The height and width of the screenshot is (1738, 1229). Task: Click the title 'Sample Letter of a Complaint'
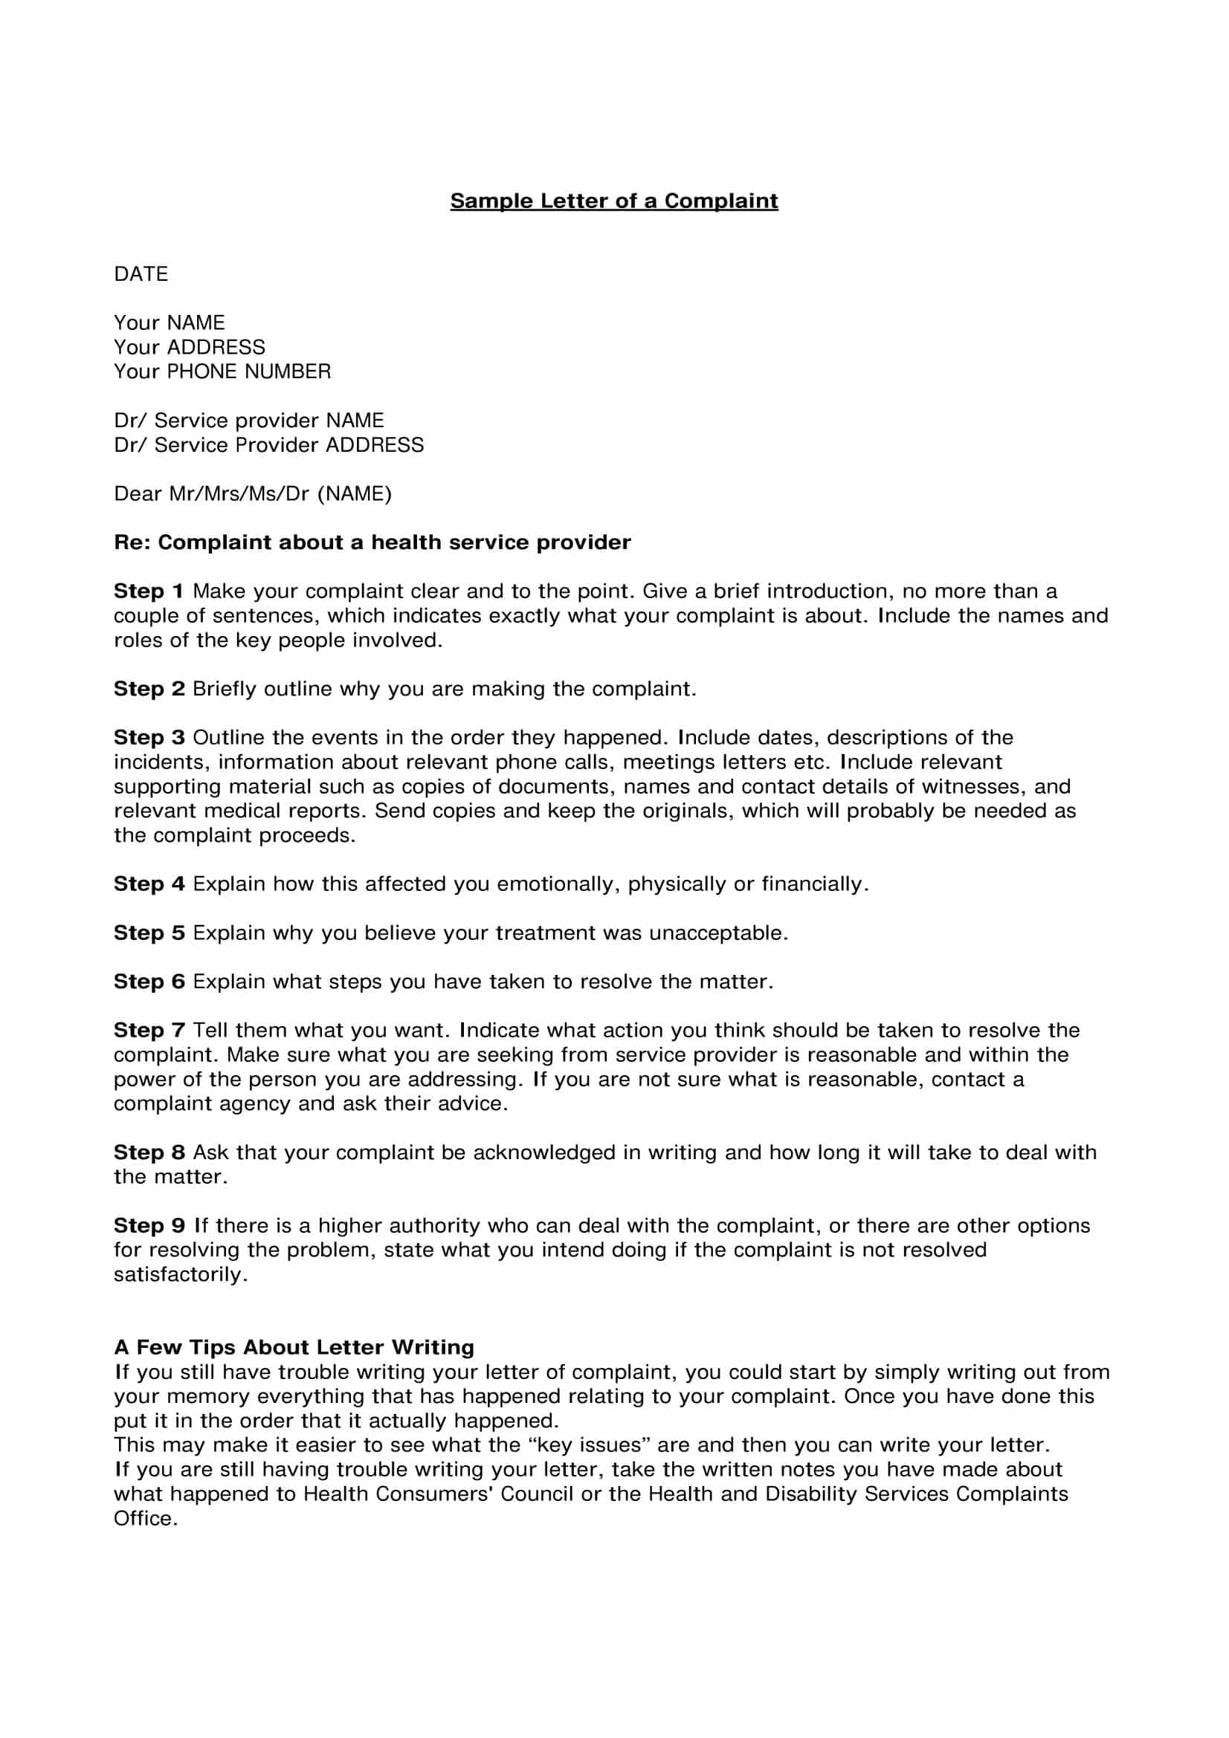coord(613,201)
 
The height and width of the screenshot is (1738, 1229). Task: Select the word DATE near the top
coord(141,274)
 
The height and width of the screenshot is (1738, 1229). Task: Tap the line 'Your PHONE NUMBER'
coord(222,372)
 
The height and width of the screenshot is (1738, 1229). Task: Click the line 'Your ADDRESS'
coord(190,348)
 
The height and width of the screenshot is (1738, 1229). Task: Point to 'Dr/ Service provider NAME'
coord(248,421)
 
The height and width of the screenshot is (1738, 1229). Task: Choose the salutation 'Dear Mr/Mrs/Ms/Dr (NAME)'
coord(253,494)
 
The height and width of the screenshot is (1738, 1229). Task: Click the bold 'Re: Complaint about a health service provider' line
coord(372,542)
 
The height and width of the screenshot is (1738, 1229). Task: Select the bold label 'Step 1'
coord(149,591)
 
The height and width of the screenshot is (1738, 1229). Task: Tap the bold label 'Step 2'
coord(149,689)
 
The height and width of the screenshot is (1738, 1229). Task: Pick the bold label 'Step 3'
coord(149,737)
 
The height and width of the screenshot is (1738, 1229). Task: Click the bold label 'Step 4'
coord(149,884)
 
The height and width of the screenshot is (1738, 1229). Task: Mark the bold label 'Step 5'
coord(149,933)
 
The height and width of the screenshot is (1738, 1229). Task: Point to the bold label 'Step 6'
coord(149,982)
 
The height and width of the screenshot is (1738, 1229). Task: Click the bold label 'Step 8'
coord(149,1152)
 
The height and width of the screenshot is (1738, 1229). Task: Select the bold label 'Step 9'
coord(149,1225)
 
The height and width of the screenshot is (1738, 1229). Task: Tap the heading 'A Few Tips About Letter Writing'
coord(294,1347)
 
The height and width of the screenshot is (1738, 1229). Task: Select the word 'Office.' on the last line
coord(146,1519)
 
